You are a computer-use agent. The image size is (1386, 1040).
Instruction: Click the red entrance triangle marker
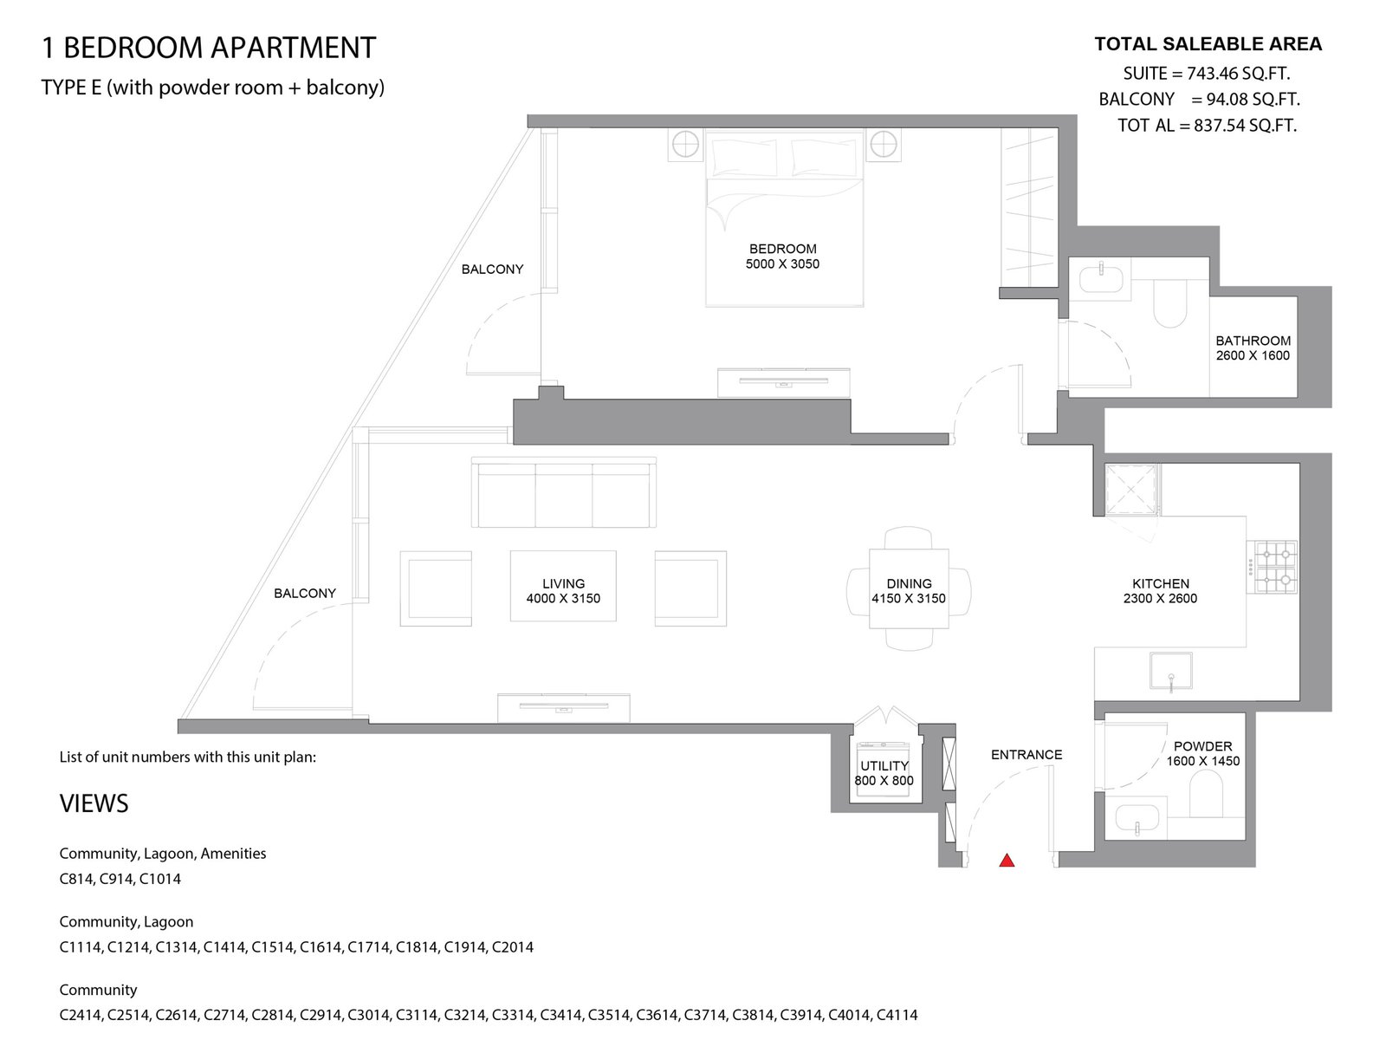(x=1007, y=860)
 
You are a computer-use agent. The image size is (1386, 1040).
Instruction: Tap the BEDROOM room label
(x=782, y=249)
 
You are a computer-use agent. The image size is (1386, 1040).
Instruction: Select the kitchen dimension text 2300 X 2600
(x=1160, y=598)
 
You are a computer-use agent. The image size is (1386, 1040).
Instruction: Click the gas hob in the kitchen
(x=1273, y=567)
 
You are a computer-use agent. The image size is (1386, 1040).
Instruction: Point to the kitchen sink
(x=1170, y=671)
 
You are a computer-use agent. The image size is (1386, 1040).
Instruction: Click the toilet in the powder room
(x=1206, y=796)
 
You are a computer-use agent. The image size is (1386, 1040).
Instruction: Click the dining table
(x=909, y=588)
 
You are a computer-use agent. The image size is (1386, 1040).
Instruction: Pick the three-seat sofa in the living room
(x=564, y=492)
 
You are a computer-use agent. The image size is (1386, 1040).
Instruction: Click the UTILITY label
(x=884, y=766)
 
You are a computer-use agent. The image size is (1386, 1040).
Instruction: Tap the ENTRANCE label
(x=1027, y=755)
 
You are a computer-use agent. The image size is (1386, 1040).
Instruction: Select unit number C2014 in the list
(x=513, y=947)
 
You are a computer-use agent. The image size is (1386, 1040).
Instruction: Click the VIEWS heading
(x=94, y=804)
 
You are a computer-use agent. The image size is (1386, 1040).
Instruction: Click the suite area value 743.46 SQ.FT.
(x=1238, y=74)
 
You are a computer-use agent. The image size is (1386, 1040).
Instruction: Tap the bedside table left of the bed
(x=685, y=146)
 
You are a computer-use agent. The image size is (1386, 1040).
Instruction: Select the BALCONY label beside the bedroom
(x=493, y=270)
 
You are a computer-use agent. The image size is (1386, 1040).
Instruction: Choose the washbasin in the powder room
(x=1137, y=818)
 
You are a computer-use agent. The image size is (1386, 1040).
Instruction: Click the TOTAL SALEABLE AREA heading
(x=1208, y=44)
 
